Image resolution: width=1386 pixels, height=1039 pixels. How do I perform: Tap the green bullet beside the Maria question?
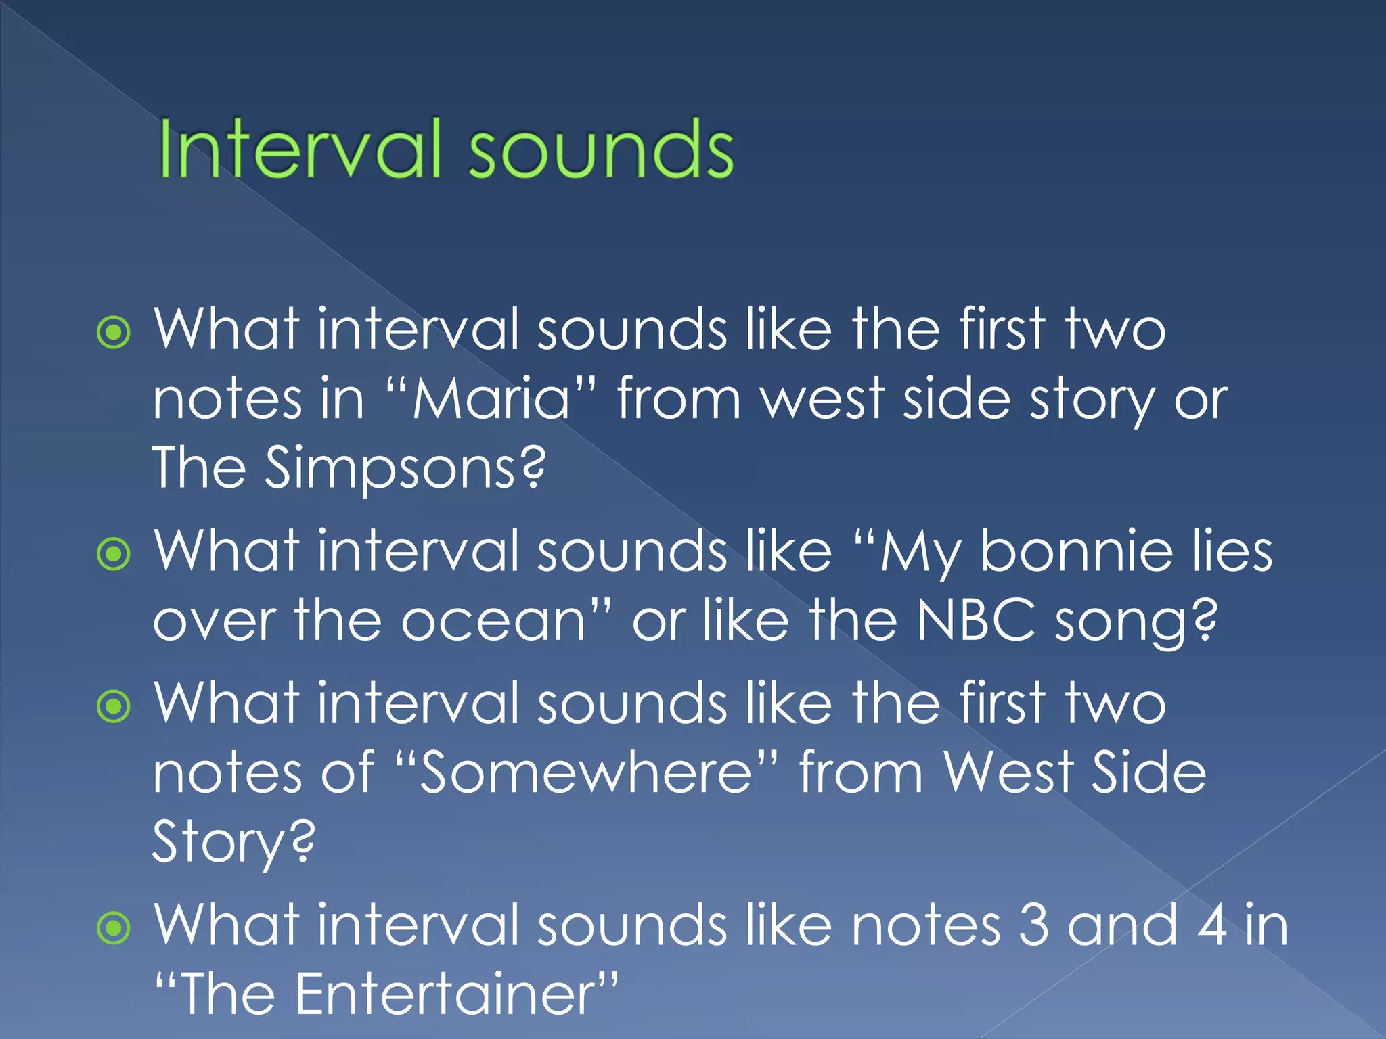click(114, 333)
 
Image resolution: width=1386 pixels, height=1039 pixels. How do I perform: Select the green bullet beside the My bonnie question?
click(114, 555)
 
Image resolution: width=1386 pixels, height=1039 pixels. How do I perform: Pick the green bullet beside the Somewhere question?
click(114, 708)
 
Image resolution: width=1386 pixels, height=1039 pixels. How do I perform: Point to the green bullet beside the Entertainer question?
click(114, 928)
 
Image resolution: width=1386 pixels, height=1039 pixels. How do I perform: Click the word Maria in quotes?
click(492, 399)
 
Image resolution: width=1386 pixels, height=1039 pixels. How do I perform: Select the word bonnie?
click(1076, 552)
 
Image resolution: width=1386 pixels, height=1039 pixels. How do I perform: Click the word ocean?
click(493, 621)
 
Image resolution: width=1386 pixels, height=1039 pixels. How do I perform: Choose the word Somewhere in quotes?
click(586, 774)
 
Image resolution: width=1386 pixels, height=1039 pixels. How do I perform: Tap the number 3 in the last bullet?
click(1033, 925)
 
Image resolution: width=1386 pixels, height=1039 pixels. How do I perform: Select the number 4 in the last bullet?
click(1212, 925)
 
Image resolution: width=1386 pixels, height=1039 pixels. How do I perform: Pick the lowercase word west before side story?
click(822, 399)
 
